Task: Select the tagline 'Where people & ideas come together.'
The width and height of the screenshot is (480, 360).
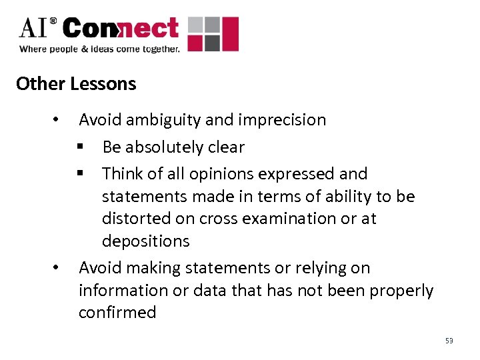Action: pyautogui.click(x=99, y=49)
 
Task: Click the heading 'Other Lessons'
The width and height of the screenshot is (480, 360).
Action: pyautogui.click(x=76, y=84)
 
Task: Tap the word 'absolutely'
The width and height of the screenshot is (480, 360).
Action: pyautogui.click(x=165, y=147)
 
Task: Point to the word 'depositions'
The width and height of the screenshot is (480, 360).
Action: pyautogui.click(x=146, y=241)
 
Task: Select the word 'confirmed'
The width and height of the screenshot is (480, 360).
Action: pyautogui.click(x=117, y=313)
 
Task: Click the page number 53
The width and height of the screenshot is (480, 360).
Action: pyautogui.click(x=449, y=341)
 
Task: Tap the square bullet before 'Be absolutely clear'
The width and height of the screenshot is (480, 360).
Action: pyautogui.click(x=80, y=147)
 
